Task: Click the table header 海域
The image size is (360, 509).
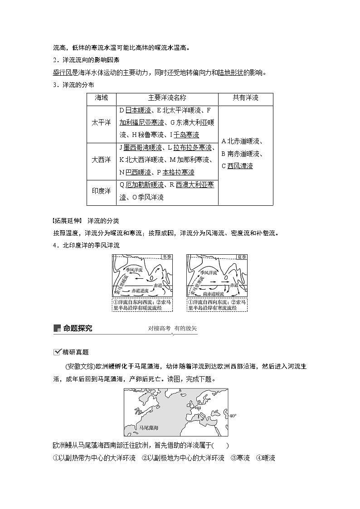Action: (x=101, y=98)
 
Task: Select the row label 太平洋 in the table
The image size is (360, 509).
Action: (x=101, y=123)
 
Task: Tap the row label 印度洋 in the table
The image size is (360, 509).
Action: (x=101, y=191)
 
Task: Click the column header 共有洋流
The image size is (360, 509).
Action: (x=245, y=98)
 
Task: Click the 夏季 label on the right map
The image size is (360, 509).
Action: (x=242, y=257)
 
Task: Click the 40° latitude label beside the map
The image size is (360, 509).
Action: (x=233, y=415)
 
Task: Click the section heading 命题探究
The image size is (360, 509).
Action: (x=78, y=328)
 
